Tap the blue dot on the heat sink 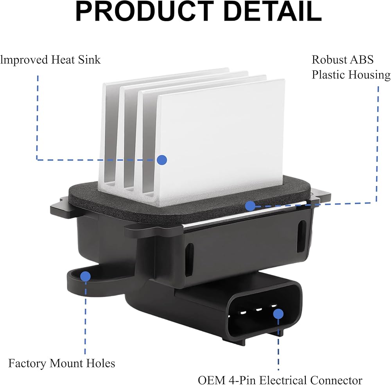click(162, 159)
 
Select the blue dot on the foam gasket click(250, 206)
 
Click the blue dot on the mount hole click(85, 276)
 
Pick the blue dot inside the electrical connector click(278, 313)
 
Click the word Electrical click(282, 380)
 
